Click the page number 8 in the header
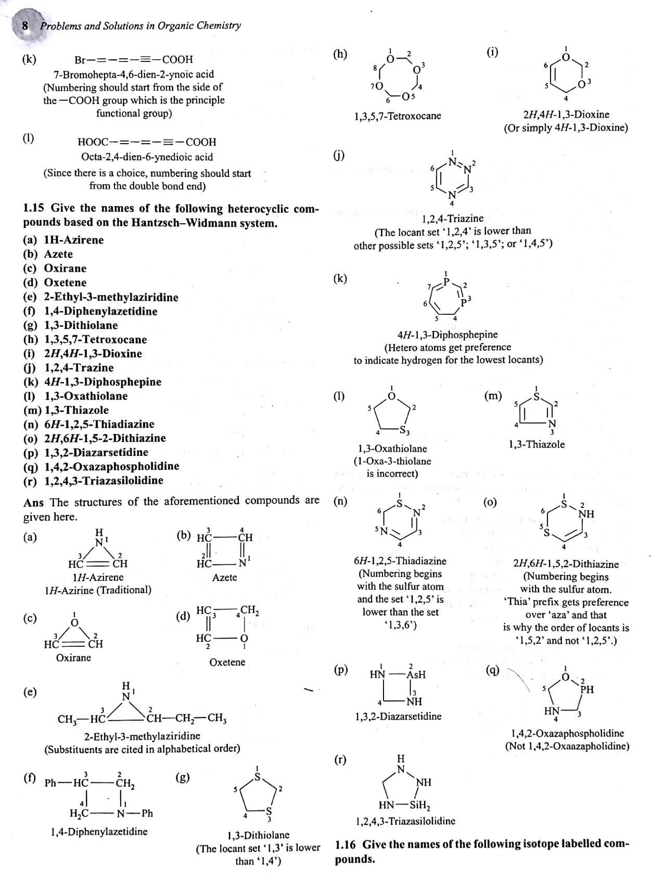(x=25, y=25)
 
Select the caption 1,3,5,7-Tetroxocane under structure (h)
(x=397, y=116)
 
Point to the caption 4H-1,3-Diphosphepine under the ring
(x=448, y=335)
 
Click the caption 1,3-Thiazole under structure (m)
(x=536, y=444)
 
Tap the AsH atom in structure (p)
(x=416, y=674)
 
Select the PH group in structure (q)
(x=587, y=690)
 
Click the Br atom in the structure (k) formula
(x=81, y=60)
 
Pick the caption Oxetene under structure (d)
(x=227, y=662)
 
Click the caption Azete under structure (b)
(x=224, y=577)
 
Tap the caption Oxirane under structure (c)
(x=73, y=657)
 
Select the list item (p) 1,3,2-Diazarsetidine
(x=86, y=452)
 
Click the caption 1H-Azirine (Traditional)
(x=98, y=590)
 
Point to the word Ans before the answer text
(x=33, y=502)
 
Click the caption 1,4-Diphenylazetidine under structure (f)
(x=99, y=832)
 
